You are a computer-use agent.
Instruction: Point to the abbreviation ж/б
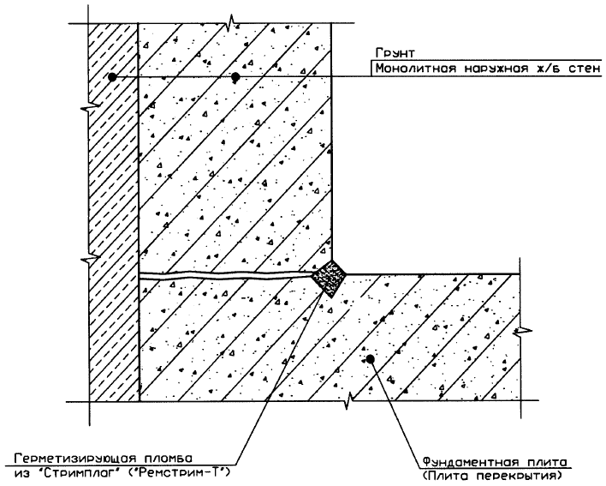(545, 69)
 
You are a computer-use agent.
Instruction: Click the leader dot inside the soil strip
(112, 77)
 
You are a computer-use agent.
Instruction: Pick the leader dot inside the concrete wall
(235, 77)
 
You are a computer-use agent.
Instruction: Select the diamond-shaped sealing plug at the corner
(330, 277)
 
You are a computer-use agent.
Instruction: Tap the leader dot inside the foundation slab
(371, 359)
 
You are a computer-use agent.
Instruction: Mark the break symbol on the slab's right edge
(523, 331)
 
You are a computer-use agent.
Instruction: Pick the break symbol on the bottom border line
(348, 399)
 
